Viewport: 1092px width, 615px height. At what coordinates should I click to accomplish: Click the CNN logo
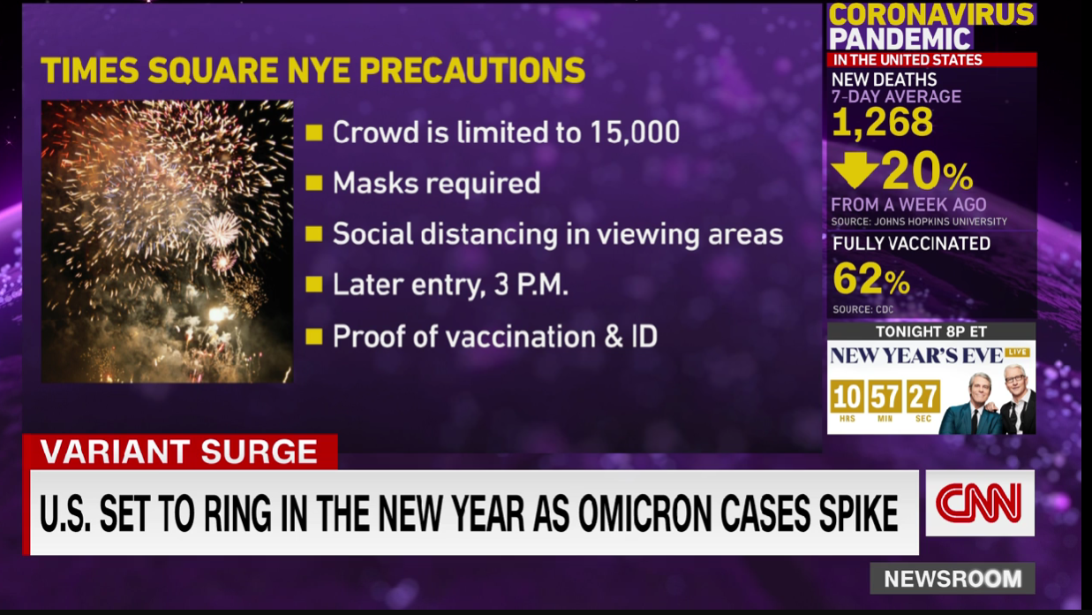point(980,504)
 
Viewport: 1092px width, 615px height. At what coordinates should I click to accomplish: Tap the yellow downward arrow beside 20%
point(855,170)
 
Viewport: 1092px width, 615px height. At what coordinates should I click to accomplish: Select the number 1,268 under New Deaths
point(882,122)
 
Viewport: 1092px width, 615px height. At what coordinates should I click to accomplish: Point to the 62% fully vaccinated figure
point(871,279)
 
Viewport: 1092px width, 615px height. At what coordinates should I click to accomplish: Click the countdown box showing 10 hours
point(847,397)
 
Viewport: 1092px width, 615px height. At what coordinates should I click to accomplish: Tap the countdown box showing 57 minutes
point(885,397)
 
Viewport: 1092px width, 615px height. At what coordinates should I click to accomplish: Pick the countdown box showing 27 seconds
point(923,397)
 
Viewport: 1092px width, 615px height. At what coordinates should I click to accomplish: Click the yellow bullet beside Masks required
point(314,183)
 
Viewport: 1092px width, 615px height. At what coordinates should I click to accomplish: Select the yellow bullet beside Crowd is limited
point(314,133)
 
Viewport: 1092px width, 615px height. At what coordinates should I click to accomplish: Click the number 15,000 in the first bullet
point(635,133)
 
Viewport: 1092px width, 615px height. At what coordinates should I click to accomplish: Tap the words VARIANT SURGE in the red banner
point(179,452)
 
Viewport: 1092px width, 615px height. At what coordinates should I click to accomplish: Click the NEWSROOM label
point(953,579)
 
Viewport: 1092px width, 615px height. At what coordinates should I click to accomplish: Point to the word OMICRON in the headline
point(645,513)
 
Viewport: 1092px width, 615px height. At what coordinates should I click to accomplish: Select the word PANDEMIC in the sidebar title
point(900,39)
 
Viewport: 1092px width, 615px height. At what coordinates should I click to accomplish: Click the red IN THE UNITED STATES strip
point(931,59)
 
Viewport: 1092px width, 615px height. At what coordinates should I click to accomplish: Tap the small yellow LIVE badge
point(1018,352)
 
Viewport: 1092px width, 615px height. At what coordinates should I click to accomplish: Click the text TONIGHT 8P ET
point(931,332)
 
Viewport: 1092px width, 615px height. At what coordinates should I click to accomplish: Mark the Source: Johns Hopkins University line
point(919,222)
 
